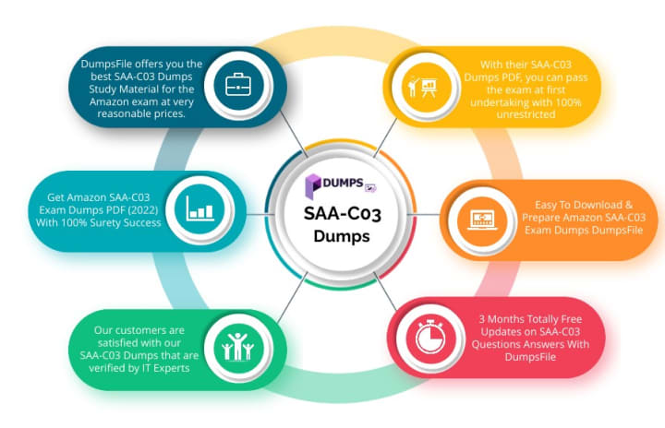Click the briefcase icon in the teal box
(238, 85)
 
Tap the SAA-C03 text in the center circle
(344, 215)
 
